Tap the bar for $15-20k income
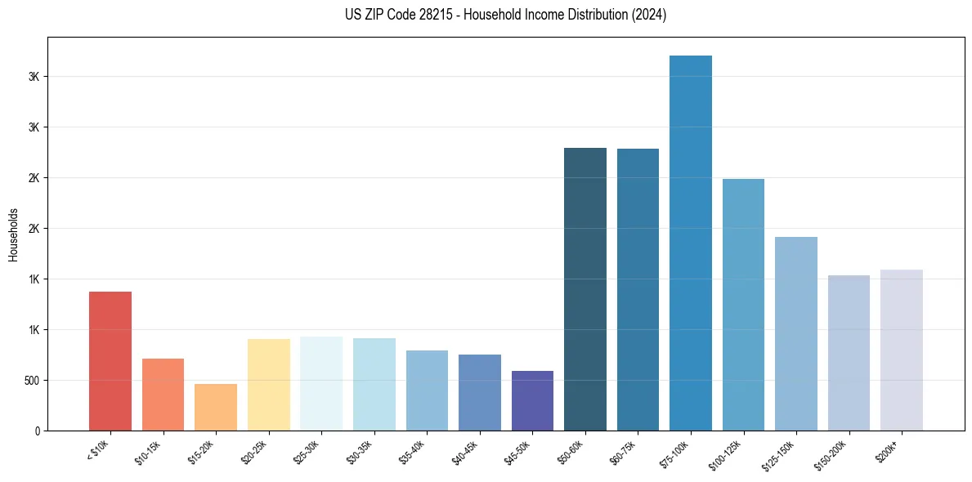coord(216,407)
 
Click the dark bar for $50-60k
coord(585,289)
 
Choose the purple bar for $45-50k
coord(532,400)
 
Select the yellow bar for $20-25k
coord(269,385)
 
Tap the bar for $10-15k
coord(163,395)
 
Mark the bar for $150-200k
coord(849,353)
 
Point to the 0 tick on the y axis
coord(37,431)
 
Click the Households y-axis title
coord(13,234)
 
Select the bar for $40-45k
coord(480,392)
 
